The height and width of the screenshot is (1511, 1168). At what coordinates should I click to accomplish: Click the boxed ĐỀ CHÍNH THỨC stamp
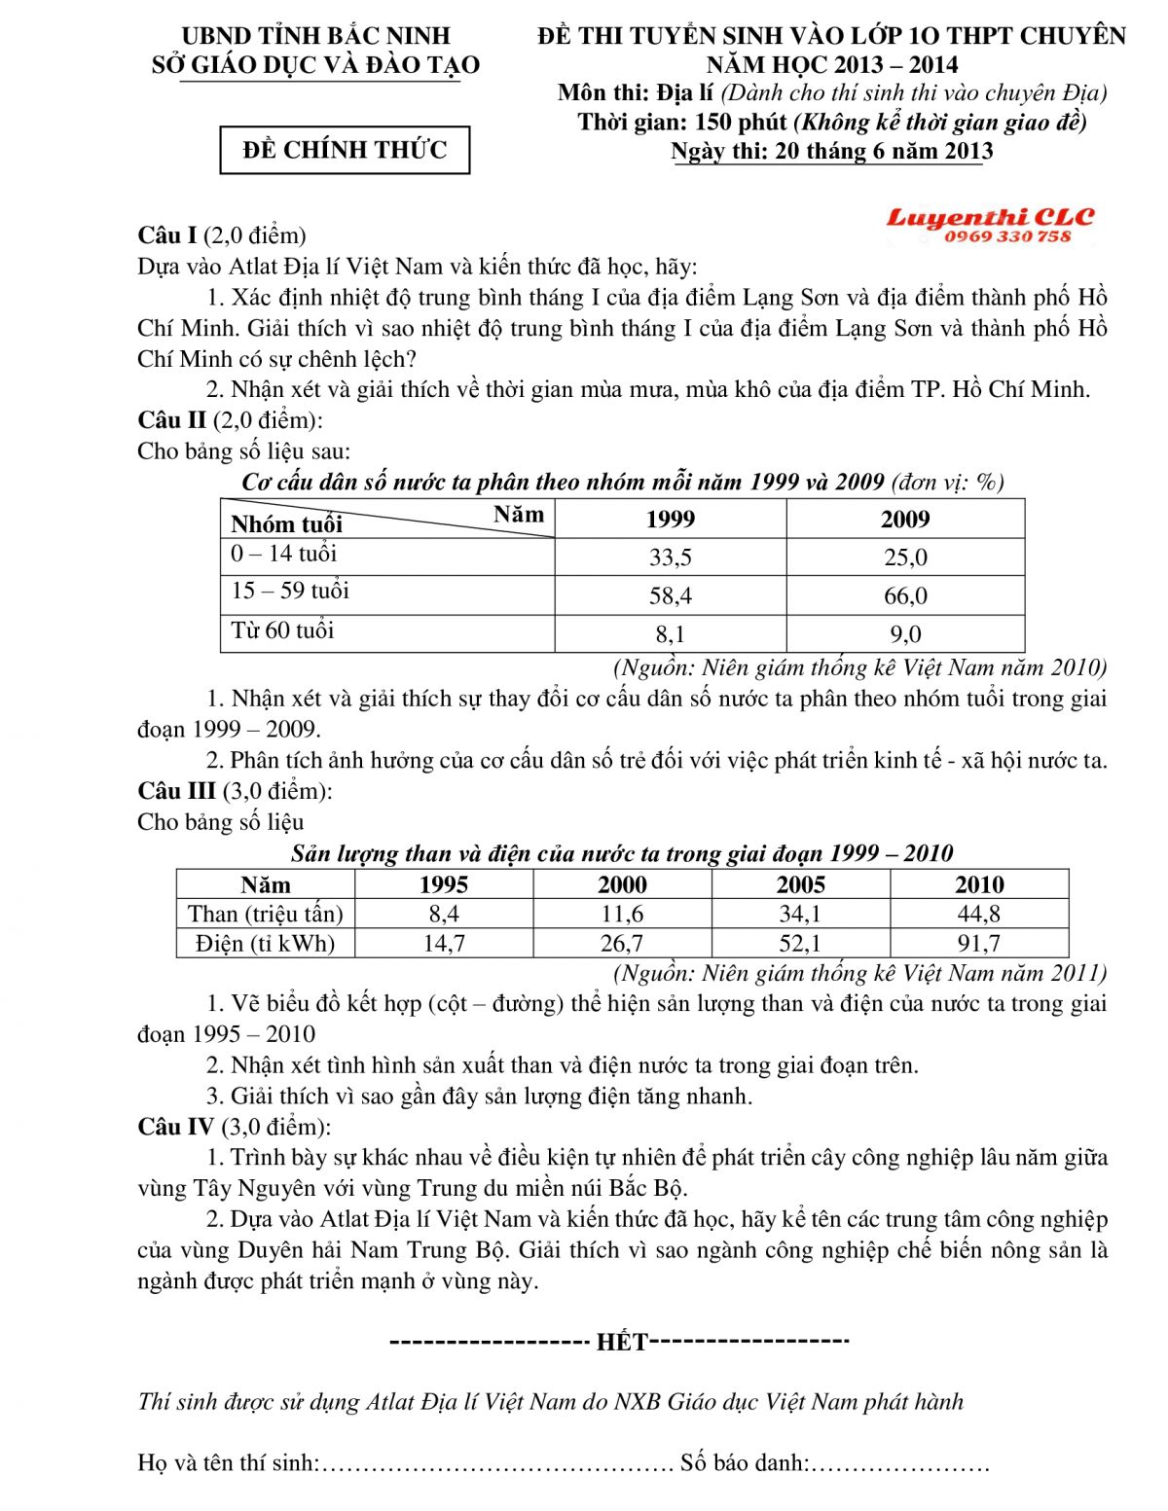(x=345, y=150)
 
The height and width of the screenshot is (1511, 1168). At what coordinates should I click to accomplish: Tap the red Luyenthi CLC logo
(x=989, y=217)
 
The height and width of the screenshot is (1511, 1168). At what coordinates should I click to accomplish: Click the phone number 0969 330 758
(x=1006, y=236)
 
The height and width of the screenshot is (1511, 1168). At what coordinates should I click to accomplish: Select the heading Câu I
(x=167, y=235)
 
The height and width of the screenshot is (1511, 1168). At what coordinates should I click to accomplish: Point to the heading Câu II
(x=171, y=420)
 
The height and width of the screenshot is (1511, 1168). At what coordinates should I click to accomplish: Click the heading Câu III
(x=176, y=791)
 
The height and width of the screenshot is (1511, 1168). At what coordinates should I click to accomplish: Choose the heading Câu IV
(x=175, y=1127)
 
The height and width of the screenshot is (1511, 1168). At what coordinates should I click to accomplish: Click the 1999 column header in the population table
(x=670, y=519)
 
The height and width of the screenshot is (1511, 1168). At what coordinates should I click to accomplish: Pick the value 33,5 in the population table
(x=670, y=558)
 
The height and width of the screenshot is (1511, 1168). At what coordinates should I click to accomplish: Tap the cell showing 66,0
(x=905, y=595)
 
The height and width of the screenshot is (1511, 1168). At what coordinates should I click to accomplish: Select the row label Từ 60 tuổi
(x=282, y=630)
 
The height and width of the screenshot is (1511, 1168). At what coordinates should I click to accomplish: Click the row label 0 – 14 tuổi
(x=283, y=554)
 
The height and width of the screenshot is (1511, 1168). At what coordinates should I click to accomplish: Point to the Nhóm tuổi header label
(x=286, y=524)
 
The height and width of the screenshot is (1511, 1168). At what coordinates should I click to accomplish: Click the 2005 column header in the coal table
(x=800, y=884)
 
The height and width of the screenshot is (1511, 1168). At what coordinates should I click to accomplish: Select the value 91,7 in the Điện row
(x=978, y=943)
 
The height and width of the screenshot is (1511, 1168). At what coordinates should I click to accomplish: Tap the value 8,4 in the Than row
(x=444, y=914)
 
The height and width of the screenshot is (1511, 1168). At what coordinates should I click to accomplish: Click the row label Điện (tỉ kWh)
(x=265, y=943)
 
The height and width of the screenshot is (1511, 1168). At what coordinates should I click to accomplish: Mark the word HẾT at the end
(x=621, y=1343)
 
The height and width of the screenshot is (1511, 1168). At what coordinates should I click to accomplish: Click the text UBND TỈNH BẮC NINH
(x=315, y=36)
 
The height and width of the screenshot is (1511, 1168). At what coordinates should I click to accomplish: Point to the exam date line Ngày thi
(x=831, y=152)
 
